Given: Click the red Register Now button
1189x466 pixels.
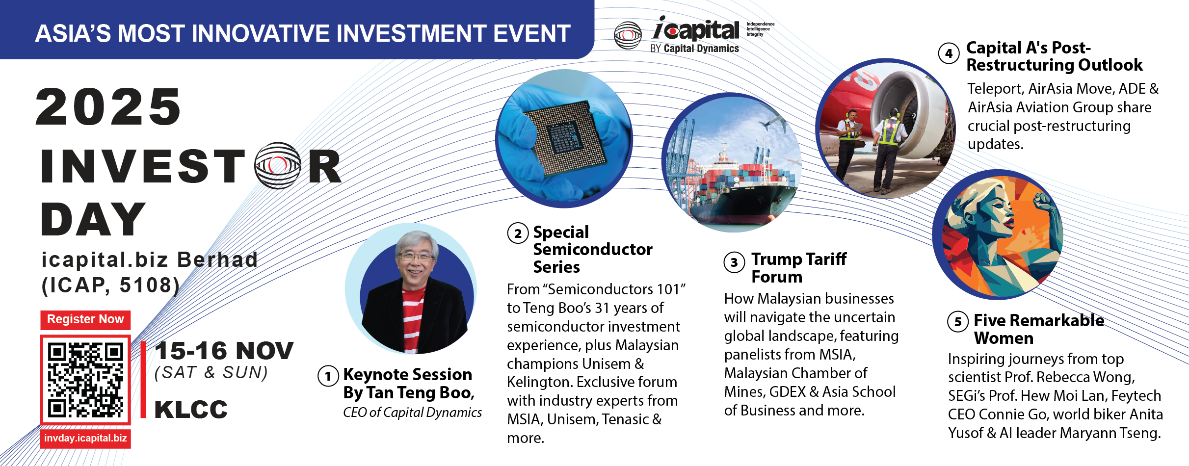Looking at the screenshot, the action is click(85, 319).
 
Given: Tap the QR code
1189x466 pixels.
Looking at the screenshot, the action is click(85, 380).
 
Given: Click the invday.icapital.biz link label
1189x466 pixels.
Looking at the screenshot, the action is click(85, 438).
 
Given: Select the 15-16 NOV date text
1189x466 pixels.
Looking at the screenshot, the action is click(224, 351).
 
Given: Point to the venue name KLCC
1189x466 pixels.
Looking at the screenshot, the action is click(191, 410).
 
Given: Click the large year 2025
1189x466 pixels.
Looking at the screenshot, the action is click(108, 106).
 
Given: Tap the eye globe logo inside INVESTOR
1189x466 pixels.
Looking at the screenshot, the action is click(278, 166).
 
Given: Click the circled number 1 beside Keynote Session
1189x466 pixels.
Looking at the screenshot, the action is click(328, 376).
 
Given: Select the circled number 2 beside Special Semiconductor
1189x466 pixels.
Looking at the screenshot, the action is click(518, 233).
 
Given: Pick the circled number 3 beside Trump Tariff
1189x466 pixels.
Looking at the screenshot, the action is click(734, 262).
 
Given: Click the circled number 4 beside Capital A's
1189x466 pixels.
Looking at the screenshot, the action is click(949, 53).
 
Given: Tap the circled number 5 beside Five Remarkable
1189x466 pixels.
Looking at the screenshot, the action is click(958, 322).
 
